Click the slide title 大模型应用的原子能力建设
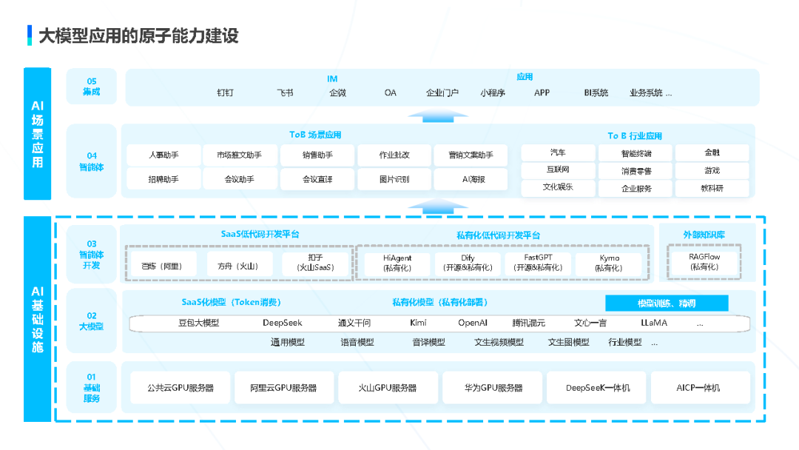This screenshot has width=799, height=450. coord(138,36)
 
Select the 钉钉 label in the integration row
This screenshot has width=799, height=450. coord(225,93)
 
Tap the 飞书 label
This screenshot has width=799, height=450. coord(285,93)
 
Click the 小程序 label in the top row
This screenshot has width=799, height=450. coord(492,93)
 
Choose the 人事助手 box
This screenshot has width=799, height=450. coord(163,155)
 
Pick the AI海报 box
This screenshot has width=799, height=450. coord(471,179)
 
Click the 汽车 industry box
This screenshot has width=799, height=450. coord(558,152)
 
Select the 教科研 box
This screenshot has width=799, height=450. coord(712,188)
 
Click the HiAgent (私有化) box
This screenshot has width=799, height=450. coord(397,263)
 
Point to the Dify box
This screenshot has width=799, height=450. coord(467,263)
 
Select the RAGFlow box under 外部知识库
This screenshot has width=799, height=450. coord(704,262)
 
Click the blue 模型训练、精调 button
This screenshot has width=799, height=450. coord(667,303)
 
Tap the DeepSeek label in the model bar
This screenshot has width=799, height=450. coord(283,323)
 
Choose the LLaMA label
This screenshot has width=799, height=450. coord(653,323)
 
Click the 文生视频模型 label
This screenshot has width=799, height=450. coord(499,343)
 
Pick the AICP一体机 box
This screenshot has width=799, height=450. coord(698,388)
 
